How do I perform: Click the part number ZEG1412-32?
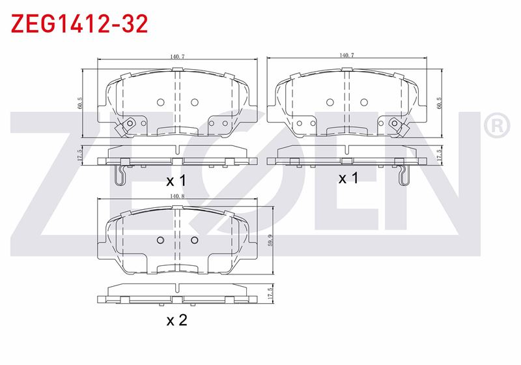click(x=79, y=23)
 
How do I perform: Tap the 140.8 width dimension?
click(x=177, y=196)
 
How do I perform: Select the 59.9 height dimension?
click(x=270, y=240)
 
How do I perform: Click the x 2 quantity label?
click(x=176, y=320)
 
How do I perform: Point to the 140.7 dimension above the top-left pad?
click(x=177, y=57)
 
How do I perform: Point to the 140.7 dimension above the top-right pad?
click(x=346, y=55)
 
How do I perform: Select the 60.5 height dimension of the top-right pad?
click(x=440, y=103)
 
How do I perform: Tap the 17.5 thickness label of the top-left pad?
click(x=79, y=155)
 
